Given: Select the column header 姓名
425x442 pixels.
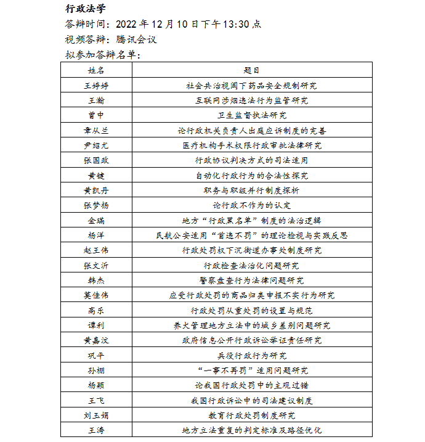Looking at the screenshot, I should tap(96, 70).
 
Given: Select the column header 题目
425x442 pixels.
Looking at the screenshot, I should tap(251, 70).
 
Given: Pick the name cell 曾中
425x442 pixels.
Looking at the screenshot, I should tap(96, 115).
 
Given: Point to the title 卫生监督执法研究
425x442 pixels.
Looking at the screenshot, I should tap(251, 115).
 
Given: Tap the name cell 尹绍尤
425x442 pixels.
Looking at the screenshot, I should tap(96, 145).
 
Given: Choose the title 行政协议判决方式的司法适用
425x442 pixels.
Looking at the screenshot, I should tap(251, 160).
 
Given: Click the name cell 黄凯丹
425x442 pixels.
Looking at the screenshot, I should tap(96, 190).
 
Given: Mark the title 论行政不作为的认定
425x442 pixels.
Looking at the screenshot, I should tap(251, 205).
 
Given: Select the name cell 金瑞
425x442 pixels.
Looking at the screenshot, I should tap(96, 221).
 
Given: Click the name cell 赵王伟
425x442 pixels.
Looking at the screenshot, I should tap(96, 250).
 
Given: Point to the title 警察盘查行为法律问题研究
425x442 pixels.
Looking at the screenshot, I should tap(251, 280).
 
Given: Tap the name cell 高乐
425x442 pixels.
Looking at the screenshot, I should tap(96, 310).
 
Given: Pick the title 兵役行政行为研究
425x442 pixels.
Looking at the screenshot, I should tap(251, 355).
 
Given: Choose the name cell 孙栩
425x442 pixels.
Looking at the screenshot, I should tap(96, 370).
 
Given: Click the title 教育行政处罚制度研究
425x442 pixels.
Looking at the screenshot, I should tap(251, 415).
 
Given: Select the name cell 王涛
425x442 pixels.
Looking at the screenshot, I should tap(96, 430).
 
